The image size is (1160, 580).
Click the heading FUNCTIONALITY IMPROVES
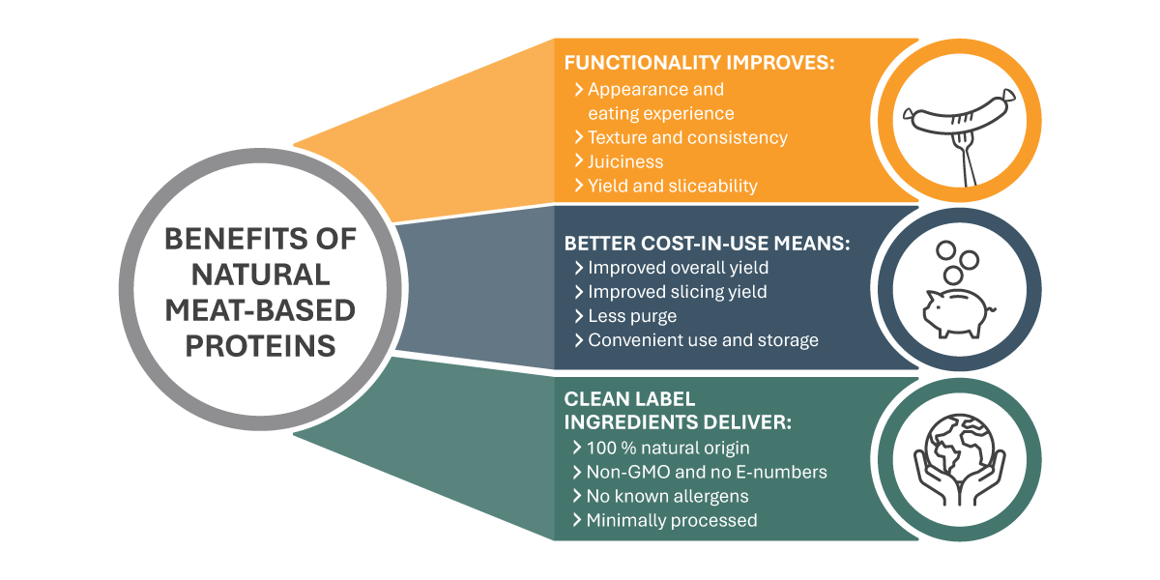(x=698, y=64)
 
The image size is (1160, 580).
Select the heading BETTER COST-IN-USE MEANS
(x=707, y=245)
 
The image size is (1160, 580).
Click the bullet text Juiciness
(x=625, y=161)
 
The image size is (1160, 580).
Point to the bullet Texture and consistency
(x=687, y=137)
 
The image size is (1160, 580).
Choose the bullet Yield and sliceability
(x=672, y=186)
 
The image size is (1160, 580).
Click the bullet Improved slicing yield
(x=677, y=292)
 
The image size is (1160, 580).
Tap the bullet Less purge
(x=632, y=316)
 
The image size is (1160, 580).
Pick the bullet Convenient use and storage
(x=703, y=340)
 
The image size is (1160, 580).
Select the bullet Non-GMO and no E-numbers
(x=707, y=472)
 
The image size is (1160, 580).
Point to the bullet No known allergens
(x=667, y=496)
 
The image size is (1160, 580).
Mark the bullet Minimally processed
(x=672, y=520)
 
